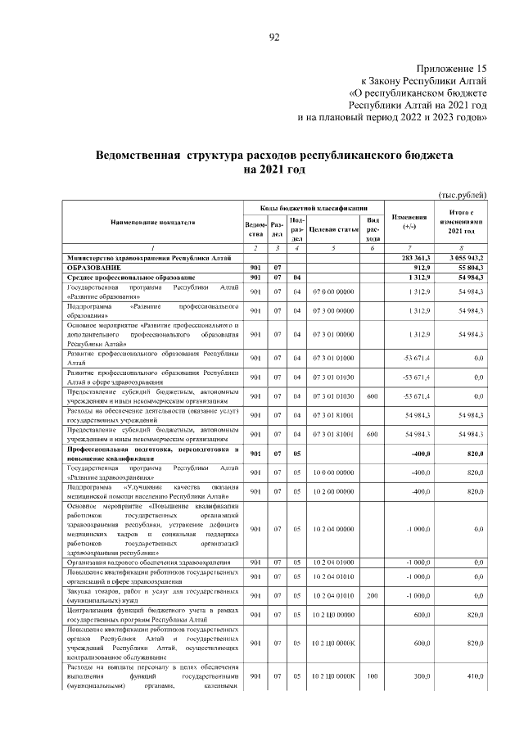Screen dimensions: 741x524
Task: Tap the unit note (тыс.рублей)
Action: tap(463, 194)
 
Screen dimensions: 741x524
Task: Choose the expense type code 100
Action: tap(373, 675)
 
